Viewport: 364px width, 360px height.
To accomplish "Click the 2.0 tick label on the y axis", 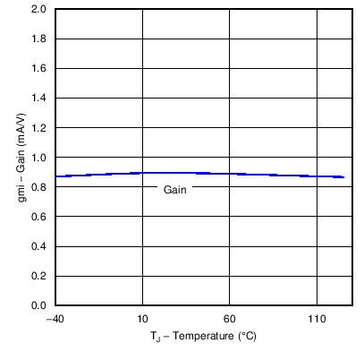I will point(40,10).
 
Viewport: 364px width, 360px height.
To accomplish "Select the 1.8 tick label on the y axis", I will point(40,39).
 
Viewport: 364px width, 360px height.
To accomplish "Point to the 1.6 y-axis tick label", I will point(40,69).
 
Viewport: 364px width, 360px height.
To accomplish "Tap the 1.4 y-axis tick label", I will point(40,99).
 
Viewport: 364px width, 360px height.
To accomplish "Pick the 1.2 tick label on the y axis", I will point(40,128).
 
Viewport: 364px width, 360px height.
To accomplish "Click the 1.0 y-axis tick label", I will point(40,158).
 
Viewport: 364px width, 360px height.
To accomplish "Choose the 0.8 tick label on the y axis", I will point(40,187).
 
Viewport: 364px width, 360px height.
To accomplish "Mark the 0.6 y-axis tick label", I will point(40,217).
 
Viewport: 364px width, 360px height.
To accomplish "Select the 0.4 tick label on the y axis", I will point(40,246).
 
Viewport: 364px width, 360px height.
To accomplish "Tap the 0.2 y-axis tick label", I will point(40,276).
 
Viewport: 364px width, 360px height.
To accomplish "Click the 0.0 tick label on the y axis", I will point(40,305).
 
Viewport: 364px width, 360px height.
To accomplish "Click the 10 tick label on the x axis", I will point(142,319).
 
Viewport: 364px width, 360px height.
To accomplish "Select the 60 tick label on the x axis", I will point(229,319).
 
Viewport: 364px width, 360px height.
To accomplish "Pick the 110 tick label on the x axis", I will point(316,319).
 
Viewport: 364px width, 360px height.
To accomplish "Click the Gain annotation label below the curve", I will point(174,189).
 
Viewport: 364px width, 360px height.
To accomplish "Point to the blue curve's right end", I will point(344,177).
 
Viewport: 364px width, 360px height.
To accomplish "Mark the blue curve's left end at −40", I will point(55,176).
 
